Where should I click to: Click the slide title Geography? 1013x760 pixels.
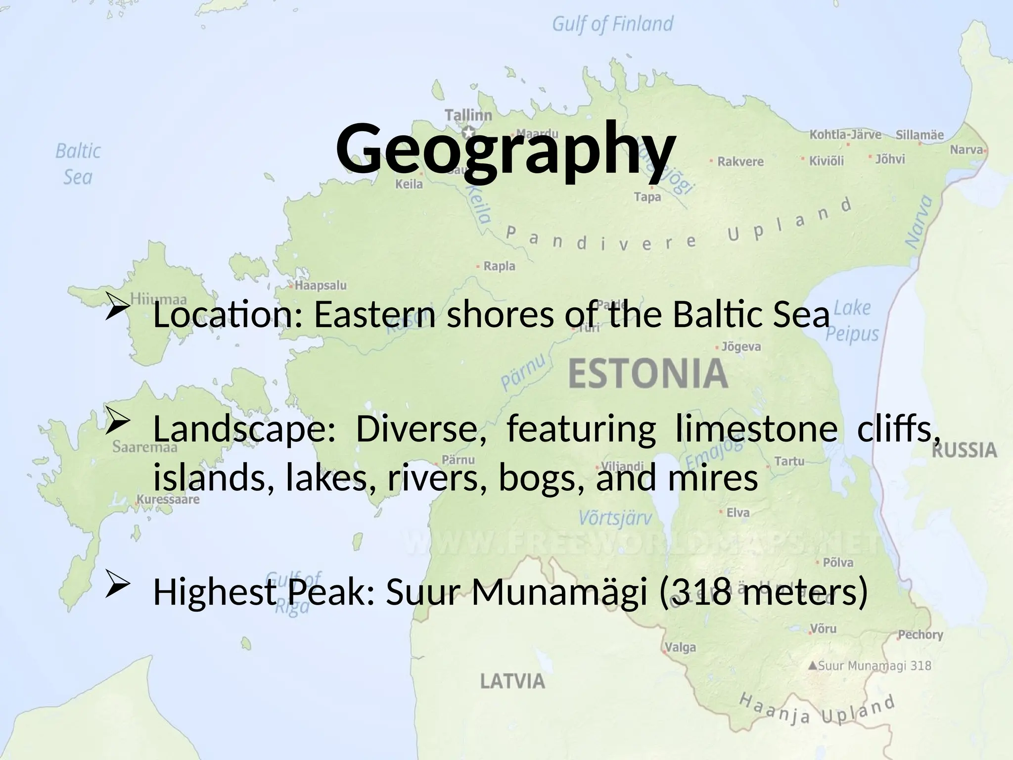(506, 148)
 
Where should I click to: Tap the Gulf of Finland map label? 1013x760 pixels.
(612, 24)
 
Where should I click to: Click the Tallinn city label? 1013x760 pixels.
(468, 115)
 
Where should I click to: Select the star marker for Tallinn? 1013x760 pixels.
(468, 133)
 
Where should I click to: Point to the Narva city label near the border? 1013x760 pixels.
(967, 149)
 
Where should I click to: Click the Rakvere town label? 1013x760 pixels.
(740, 162)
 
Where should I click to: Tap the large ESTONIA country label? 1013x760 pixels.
(648, 375)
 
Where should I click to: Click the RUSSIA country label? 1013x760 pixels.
(964, 451)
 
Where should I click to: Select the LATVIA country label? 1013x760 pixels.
(512, 682)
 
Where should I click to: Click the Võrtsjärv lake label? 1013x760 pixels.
(615, 518)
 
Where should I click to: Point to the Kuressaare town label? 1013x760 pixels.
(168, 499)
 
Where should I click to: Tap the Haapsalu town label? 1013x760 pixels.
(321, 285)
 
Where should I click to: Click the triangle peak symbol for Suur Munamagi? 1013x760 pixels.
(812, 666)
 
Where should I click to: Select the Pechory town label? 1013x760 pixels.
(921, 634)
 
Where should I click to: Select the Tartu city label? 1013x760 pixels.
(789, 461)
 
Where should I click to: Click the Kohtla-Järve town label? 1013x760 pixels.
(845, 135)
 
